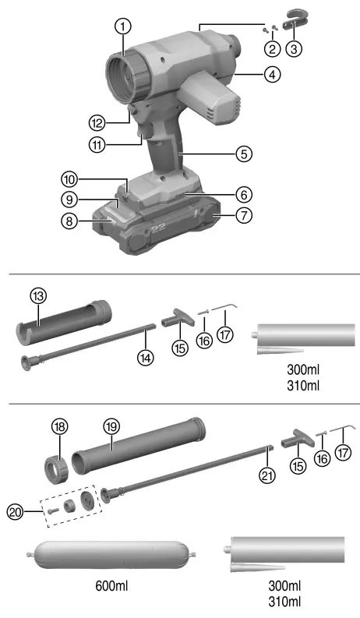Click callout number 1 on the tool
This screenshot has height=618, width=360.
(122, 26)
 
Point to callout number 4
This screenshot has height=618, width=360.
(249, 76)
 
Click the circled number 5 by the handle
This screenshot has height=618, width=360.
(245, 154)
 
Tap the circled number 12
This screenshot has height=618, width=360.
(97, 122)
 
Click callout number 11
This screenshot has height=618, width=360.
(98, 144)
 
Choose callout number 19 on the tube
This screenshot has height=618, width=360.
(111, 426)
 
